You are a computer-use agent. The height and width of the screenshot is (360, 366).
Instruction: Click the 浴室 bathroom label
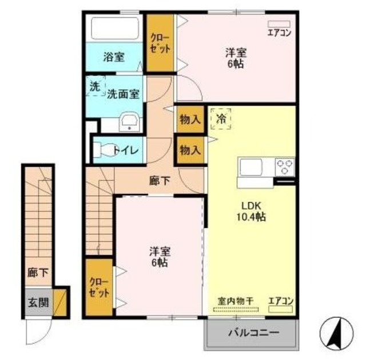114,57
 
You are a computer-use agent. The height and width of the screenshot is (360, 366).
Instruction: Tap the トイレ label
124,151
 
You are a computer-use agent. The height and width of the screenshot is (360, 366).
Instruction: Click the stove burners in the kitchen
284,167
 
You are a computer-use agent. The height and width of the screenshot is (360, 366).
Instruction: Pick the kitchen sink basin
250,167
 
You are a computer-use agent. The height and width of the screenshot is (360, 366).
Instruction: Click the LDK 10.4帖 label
251,211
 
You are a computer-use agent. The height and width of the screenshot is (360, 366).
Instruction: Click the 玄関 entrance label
38,302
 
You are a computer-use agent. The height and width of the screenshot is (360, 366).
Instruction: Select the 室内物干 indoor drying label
236,300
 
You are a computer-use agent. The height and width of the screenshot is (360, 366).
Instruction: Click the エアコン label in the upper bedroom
280,32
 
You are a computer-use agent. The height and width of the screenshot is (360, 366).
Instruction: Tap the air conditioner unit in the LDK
280,310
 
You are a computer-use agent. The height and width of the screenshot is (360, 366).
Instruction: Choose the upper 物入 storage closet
190,120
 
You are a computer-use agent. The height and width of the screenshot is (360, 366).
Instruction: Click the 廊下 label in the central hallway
160,181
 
